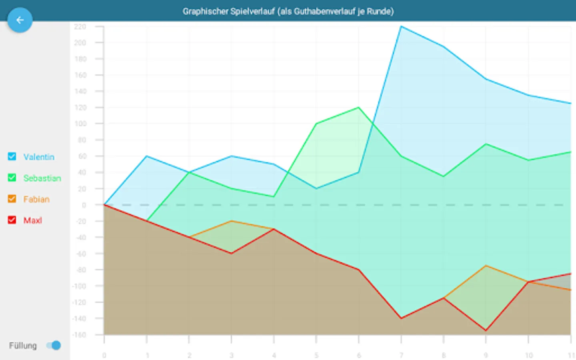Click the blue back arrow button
pyautogui.click(x=20, y=20)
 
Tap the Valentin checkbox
pyautogui.click(x=12, y=156)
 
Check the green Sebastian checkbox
pyautogui.click(x=12, y=178)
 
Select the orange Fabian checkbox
pyautogui.click(x=12, y=199)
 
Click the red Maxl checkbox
pyautogui.click(x=12, y=220)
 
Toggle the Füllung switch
pyautogui.click(x=54, y=345)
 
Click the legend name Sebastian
pyautogui.click(x=42, y=178)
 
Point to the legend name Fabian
pyautogui.click(x=36, y=199)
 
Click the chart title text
pyautogui.click(x=288, y=11)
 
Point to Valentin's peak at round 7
pyautogui.click(x=401, y=26)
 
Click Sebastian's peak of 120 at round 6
pyautogui.click(x=358, y=108)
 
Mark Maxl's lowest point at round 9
pyautogui.click(x=486, y=330)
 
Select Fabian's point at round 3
pyautogui.click(x=231, y=221)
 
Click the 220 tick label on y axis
pyautogui.click(x=80, y=27)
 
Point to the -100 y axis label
pyautogui.click(x=79, y=286)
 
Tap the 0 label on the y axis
pyautogui.click(x=84, y=205)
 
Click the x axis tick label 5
pyautogui.click(x=316, y=355)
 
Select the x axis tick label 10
pyautogui.click(x=529, y=355)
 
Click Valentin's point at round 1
pyautogui.click(x=147, y=156)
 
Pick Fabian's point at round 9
pyautogui.click(x=486, y=266)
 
